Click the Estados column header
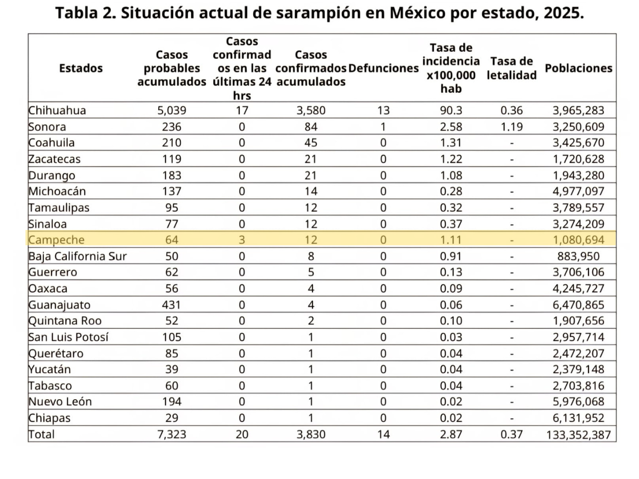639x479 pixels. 81,68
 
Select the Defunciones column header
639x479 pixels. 383,68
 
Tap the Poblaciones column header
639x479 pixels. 578,68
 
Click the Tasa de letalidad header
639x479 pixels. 512,68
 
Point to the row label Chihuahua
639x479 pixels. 57,110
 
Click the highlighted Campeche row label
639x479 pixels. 56,240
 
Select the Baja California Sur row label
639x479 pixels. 77,256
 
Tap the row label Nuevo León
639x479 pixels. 60,402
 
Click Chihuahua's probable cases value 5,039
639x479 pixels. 172,110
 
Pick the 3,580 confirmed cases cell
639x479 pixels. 311,110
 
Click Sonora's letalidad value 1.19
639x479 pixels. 512,127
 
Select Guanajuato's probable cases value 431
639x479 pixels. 171,305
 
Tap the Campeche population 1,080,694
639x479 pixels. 578,240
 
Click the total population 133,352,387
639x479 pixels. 578,435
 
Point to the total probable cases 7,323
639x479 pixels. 172,435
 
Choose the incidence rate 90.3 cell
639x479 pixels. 451,110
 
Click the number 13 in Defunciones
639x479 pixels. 383,110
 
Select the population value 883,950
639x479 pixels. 578,256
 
